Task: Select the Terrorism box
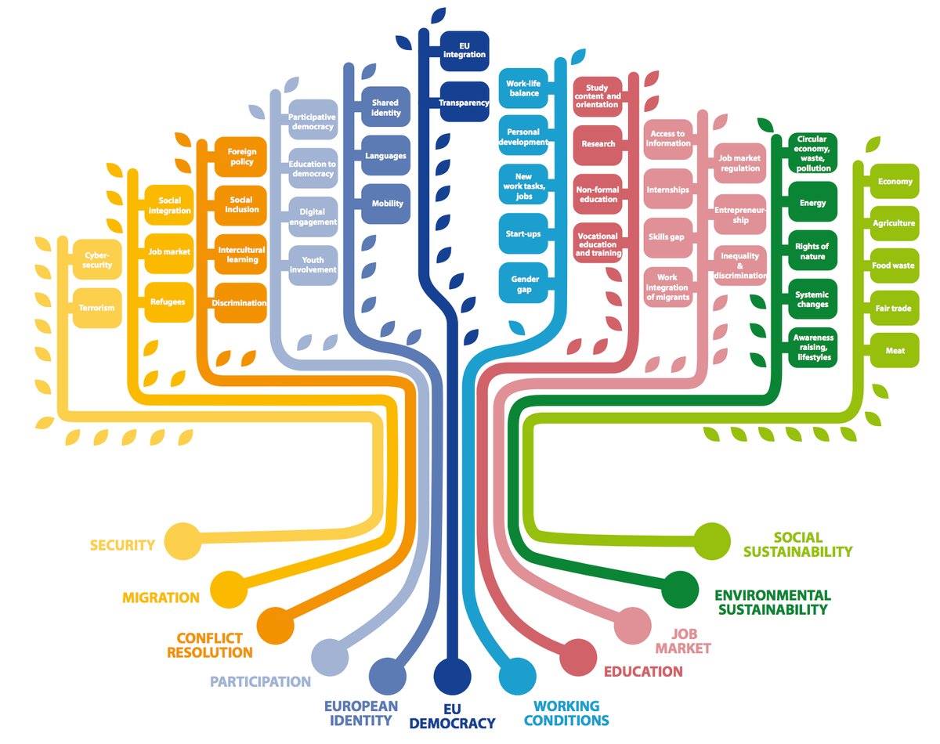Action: (96, 307)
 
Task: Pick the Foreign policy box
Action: (241, 157)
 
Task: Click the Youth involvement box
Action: (313, 265)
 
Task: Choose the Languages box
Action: (385, 156)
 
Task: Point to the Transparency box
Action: (464, 103)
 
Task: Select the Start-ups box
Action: (525, 234)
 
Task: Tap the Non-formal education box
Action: (597, 193)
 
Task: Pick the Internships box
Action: (668, 190)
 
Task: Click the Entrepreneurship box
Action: (740, 215)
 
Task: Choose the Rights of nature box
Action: (812, 251)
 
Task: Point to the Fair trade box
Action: (895, 309)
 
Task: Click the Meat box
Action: (895, 351)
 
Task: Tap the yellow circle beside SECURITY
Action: (182, 540)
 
